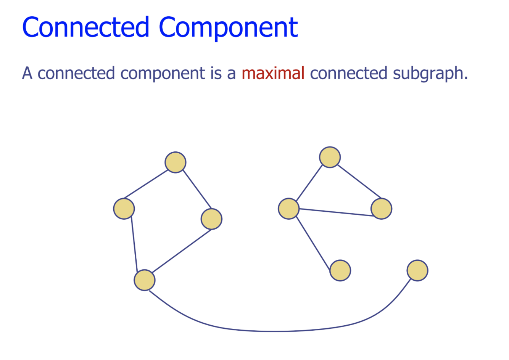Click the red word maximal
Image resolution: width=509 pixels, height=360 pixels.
point(273,73)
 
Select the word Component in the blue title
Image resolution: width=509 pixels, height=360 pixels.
point(228,27)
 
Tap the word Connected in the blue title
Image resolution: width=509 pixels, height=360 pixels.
point(85,27)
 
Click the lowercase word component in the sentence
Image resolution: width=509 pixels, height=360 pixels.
point(163,73)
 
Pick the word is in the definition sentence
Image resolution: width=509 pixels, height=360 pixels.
point(216,73)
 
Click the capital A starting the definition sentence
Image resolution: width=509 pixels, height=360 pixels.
point(27,73)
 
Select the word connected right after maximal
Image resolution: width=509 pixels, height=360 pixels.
point(348,73)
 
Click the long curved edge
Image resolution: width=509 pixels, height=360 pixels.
point(274,331)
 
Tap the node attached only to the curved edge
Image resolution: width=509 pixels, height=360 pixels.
point(417,270)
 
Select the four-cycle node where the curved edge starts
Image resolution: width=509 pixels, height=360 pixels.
point(145,280)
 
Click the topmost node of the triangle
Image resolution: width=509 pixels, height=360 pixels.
point(330,157)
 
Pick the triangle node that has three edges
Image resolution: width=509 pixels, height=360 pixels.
point(288,209)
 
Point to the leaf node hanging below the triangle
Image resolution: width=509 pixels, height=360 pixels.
point(340,270)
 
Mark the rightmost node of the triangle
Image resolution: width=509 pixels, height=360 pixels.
point(381,209)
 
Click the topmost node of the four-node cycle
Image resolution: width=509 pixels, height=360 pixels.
point(176,162)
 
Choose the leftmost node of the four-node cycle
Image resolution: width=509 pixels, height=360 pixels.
point(124,209)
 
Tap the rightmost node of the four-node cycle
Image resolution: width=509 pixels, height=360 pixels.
point(211,219)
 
